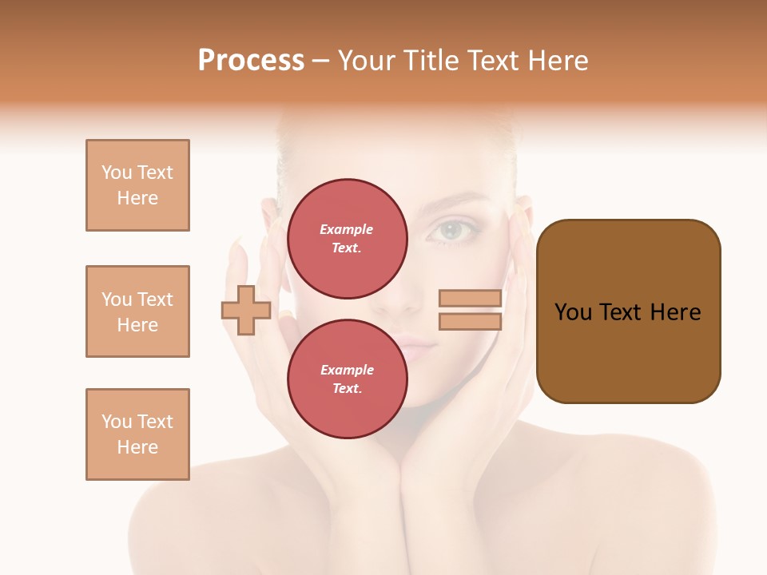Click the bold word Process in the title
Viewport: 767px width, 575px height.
251,61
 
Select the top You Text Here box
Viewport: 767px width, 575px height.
137,185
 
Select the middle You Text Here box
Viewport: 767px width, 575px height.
137,311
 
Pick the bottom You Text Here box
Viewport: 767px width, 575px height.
137,434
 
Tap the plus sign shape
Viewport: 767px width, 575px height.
246,310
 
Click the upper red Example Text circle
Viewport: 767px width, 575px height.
347,238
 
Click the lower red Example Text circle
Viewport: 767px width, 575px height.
347,379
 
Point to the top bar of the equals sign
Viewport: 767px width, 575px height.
470,299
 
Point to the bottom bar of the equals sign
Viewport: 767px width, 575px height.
470,322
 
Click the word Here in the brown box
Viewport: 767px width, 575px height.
675,312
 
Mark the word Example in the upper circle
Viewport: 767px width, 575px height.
346,229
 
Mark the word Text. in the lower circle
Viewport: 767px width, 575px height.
347,388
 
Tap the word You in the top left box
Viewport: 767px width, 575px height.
117,172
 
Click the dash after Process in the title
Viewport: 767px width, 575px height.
321,61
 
